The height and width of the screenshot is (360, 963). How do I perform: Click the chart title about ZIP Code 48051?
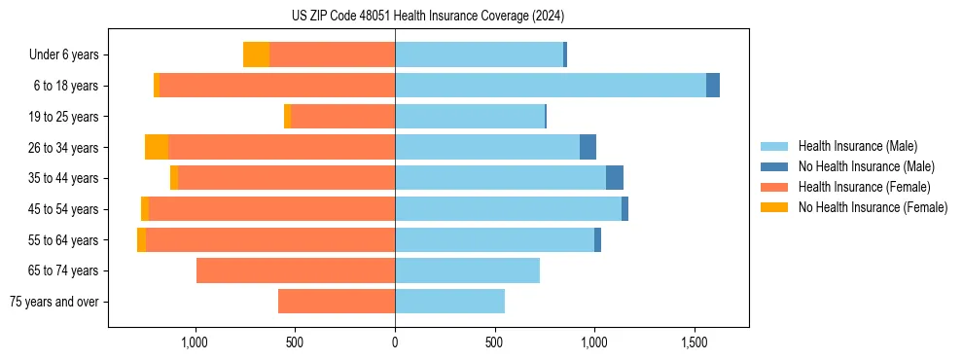click(427, 17)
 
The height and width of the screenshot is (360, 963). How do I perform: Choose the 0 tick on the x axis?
click(395, 342)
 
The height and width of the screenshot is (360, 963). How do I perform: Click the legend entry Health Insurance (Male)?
click(857, 146)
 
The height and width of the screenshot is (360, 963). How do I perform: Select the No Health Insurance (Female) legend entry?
click(873, 207)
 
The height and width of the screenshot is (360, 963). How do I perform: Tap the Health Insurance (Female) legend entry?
click(864, 187)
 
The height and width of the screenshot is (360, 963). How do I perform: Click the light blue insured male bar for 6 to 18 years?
click(550, 86)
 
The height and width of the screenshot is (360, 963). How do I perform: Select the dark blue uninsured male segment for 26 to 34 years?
click(588, 147)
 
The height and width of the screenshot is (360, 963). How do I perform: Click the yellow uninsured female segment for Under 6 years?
click(256, 54)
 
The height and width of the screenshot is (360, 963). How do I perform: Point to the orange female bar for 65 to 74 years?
click(296, 270)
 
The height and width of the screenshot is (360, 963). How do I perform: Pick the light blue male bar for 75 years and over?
click(449, 302)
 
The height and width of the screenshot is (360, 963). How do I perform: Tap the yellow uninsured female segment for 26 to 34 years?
click(157, 147)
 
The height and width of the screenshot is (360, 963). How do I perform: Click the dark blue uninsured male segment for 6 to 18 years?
click(713, 86)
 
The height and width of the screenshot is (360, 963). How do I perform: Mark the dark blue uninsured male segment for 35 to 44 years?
click(615, 178)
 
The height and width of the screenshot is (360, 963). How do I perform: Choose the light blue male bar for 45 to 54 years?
click(508, 209)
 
